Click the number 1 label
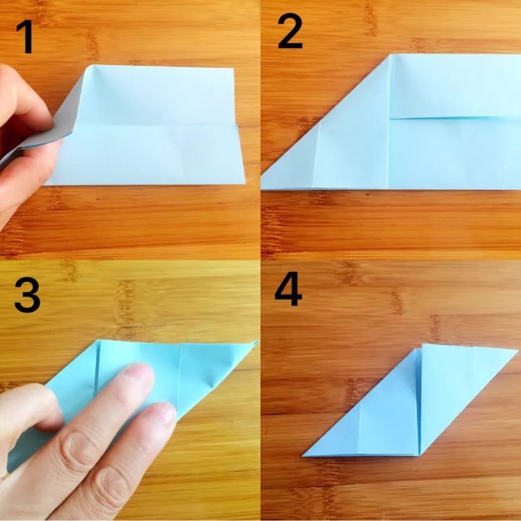click(x=25, y=37)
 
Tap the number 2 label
click(x=289, y=33)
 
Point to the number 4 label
click(x=288, y=289)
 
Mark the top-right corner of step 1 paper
click(x=234, y=69)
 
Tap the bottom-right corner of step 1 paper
click(x=245, y=183)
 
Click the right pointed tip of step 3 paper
click(x=257, y=342)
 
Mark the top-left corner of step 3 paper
click(x=99, y=341)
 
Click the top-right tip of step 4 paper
click(x=517, y=350)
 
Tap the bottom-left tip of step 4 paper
click(x=302, y=456)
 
